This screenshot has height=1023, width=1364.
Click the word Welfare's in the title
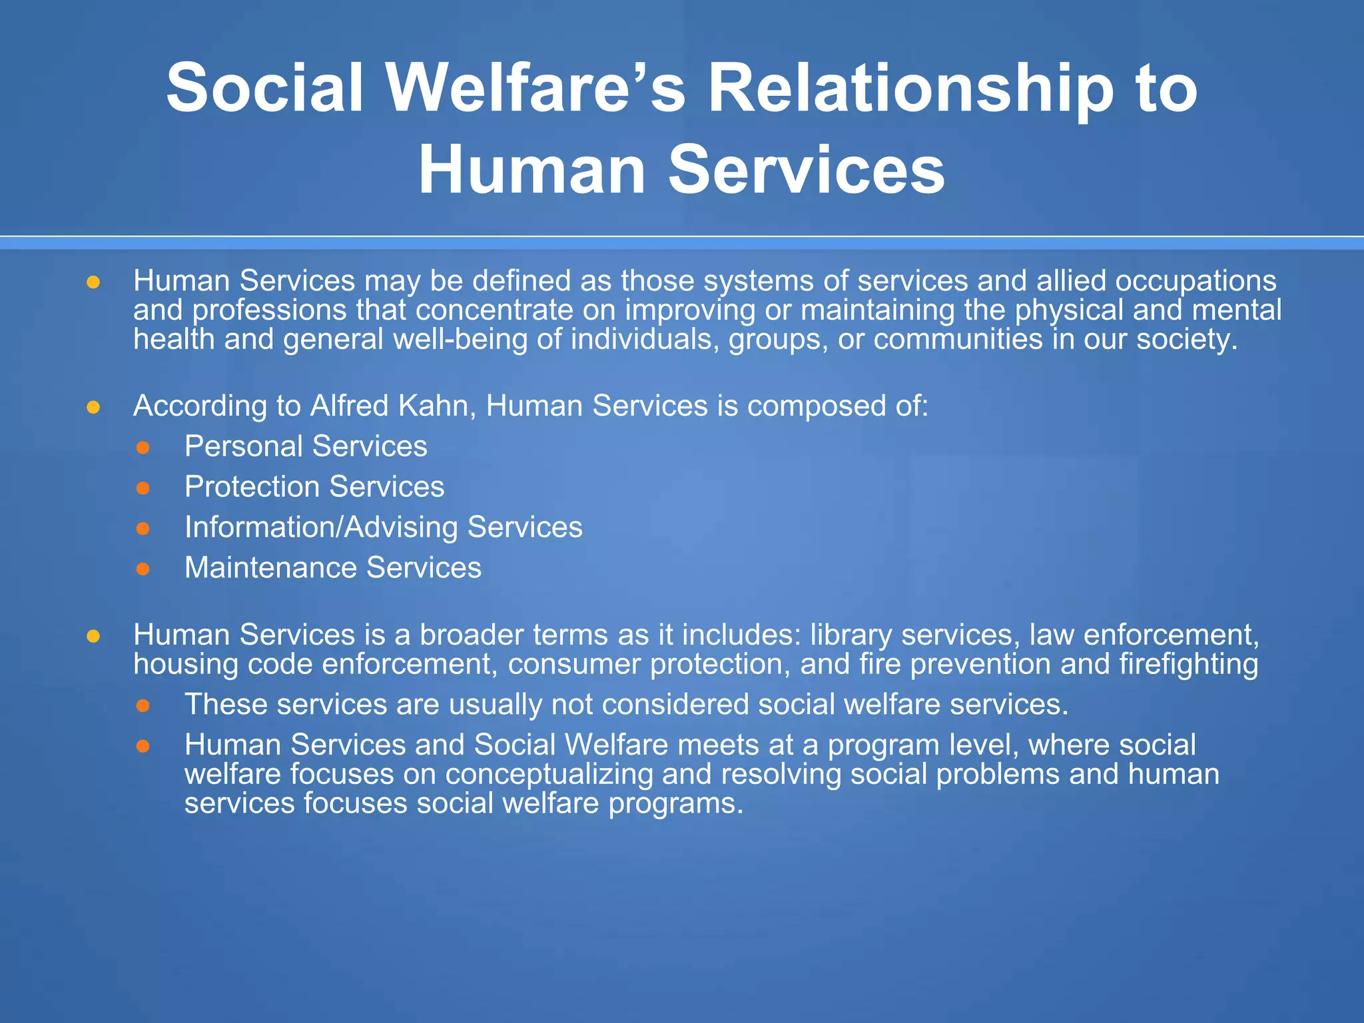[536, 89]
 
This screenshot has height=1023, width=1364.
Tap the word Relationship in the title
[910, 89]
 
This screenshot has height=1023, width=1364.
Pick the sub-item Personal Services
[306, 446]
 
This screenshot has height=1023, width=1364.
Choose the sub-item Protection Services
[314, 487]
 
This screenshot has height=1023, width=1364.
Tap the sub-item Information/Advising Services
[383, 527]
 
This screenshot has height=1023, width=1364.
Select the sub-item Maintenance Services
[332, 568]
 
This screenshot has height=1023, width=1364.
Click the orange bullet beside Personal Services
[143, 448]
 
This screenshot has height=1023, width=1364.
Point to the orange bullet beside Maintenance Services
[143, 569]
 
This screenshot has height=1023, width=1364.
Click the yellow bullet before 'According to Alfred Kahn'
[93, 407]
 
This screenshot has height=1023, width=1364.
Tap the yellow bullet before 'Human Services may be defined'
[93, 282]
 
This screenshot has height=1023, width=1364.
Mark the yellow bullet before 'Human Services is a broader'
[93, 636]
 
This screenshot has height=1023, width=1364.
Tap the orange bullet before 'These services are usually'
[143, 705]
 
